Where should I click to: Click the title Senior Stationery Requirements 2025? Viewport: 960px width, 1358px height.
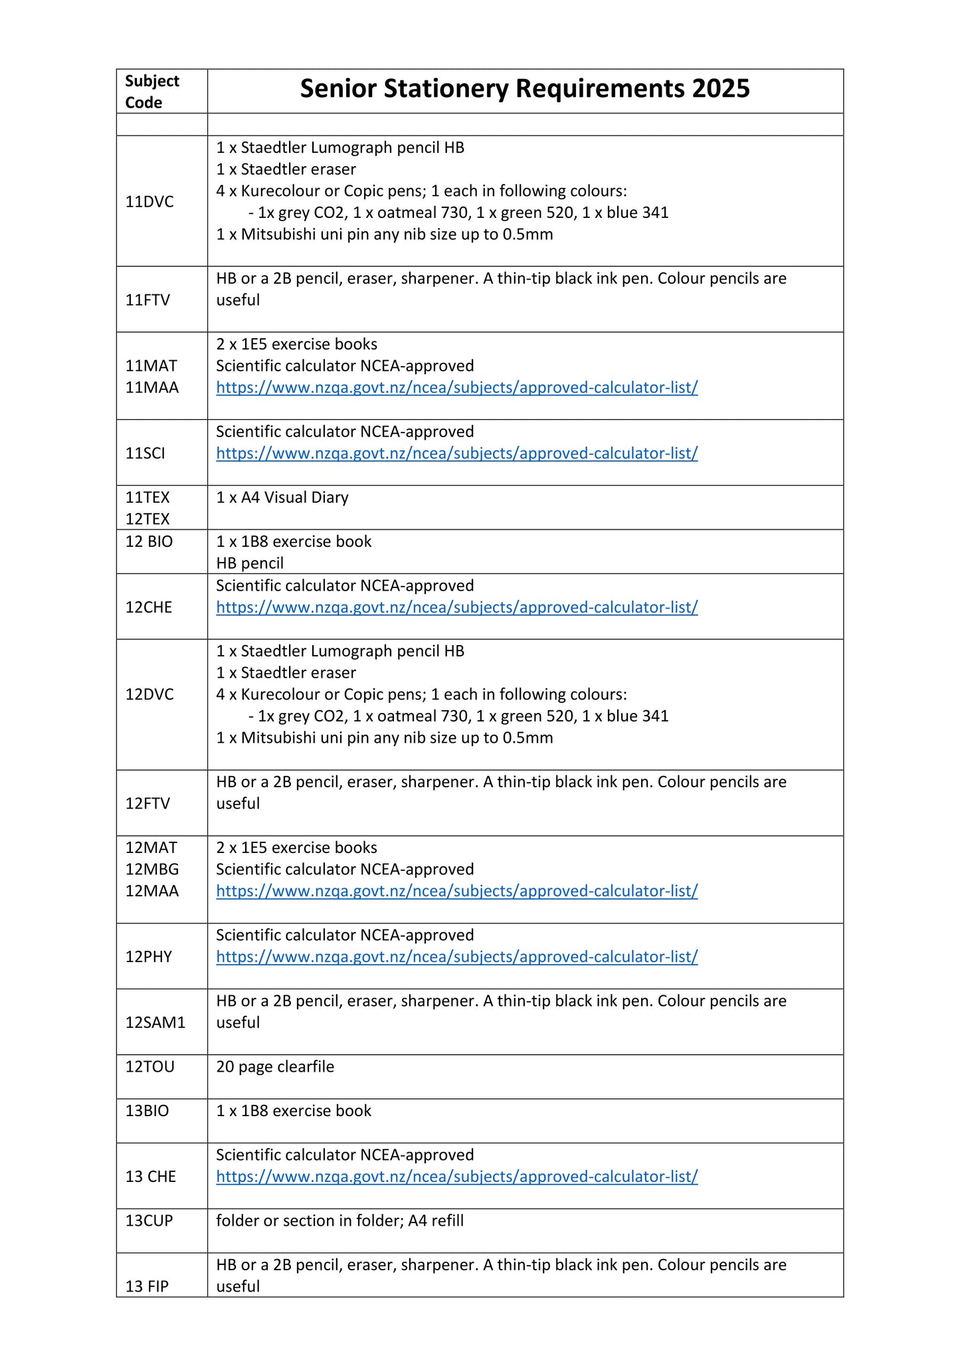(524, 89)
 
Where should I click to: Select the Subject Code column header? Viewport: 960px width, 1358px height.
(152, 92)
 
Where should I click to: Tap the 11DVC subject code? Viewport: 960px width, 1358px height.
(149, 202)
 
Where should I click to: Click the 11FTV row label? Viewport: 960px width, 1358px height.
(147, 300)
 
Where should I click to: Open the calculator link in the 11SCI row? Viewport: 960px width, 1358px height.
(456, 454)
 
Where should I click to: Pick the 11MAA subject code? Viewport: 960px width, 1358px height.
(152, 388)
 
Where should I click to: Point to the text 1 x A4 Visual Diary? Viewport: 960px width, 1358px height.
(282, 498)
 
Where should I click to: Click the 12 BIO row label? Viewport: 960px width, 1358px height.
(149, 542)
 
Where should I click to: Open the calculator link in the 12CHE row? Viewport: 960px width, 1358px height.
(456, 608)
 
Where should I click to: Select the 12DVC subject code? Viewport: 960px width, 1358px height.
(149, 695)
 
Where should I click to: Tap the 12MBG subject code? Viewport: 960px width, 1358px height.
(152, 870)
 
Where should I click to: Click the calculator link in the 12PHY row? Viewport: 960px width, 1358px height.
(456, 957)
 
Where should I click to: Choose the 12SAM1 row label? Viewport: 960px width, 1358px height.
(155, 1023)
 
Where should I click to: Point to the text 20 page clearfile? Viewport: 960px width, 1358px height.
(275, 1067)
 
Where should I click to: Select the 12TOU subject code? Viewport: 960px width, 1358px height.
(150, 1067)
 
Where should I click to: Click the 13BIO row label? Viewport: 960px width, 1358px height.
(147, 1111)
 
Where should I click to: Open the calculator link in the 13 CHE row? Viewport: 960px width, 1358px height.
(456, 1177)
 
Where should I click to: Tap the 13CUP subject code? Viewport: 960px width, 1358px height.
(149, 1221)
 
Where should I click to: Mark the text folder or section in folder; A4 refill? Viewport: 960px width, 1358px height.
(339, 1221)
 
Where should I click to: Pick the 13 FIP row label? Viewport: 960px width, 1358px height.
(147, 1287)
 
